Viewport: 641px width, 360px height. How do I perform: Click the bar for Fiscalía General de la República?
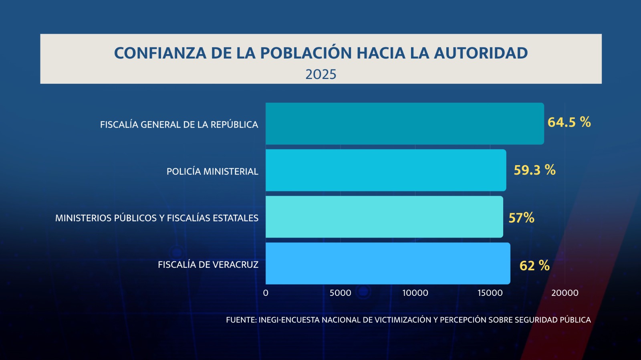tap(405, 123)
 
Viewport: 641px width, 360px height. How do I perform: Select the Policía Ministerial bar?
tap(386, 170)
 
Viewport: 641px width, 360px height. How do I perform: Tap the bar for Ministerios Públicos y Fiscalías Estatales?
tap(384, 217)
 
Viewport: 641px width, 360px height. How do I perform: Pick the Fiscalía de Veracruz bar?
tap(388, 263)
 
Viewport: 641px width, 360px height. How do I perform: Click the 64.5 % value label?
tap(569, 122)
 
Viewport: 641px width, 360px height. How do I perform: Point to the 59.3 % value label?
tap(534, 170)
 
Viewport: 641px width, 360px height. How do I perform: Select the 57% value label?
tap(521, 218)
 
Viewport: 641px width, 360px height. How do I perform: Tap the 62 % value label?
tap(534, 265)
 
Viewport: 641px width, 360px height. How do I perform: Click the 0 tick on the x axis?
tap(266, 293)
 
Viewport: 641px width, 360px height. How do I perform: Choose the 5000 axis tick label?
tap(340, 293)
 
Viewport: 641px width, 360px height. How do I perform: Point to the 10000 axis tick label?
tap(415, 293)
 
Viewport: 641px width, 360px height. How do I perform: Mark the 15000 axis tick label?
tap(490, 293)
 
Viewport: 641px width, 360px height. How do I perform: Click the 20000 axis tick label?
tap(564, 293)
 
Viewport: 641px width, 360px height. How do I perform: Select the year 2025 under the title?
tap(321, 75)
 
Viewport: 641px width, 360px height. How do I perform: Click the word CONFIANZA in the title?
tap(160, 53)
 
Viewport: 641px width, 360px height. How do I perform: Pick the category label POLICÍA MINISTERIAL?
tap(212, 172)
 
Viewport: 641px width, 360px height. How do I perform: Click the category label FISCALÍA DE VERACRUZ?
tap(208, 265)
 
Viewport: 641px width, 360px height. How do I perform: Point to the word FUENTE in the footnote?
tap(240, 320)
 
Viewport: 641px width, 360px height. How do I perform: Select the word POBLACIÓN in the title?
tap(306, 53)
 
